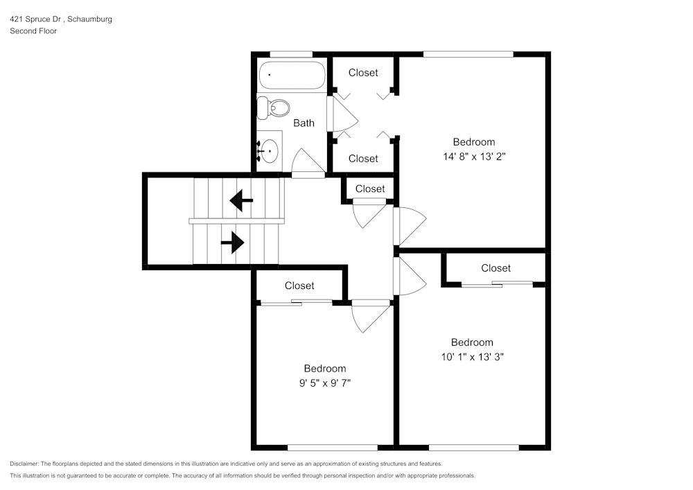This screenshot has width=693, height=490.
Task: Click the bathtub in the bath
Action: tap(291, 76)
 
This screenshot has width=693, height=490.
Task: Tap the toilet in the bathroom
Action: tap(274, 107)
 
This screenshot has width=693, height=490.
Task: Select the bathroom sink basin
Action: tap(269, 149)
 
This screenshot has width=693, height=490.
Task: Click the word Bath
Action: tap(304, 123)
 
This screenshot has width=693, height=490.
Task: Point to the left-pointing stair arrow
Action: tap(241, 201)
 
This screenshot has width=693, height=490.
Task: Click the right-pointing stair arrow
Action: tap(233, 243)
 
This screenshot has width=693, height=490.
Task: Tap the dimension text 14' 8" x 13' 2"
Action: tap(474, 157)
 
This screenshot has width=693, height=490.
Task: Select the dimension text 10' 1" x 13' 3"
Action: tap(472, 357)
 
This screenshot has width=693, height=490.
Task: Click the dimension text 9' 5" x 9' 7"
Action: tap(324, 383)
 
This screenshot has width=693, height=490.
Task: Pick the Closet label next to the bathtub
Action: tap(363, 72)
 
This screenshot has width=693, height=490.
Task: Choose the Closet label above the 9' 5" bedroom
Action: tap(299, 286)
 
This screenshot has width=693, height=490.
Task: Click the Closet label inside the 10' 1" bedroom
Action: tap(495, 268)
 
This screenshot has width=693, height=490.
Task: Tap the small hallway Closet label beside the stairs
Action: tap(370, 189)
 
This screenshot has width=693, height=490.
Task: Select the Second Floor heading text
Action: tap(33, 31)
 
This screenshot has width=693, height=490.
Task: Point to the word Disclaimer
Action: tap(25, 464)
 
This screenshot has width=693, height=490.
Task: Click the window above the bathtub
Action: tap(290, 54)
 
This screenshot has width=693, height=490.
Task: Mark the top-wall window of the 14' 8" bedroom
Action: tap(468, 54)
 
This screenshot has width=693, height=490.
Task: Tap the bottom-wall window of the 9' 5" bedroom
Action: tap(333, 447)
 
